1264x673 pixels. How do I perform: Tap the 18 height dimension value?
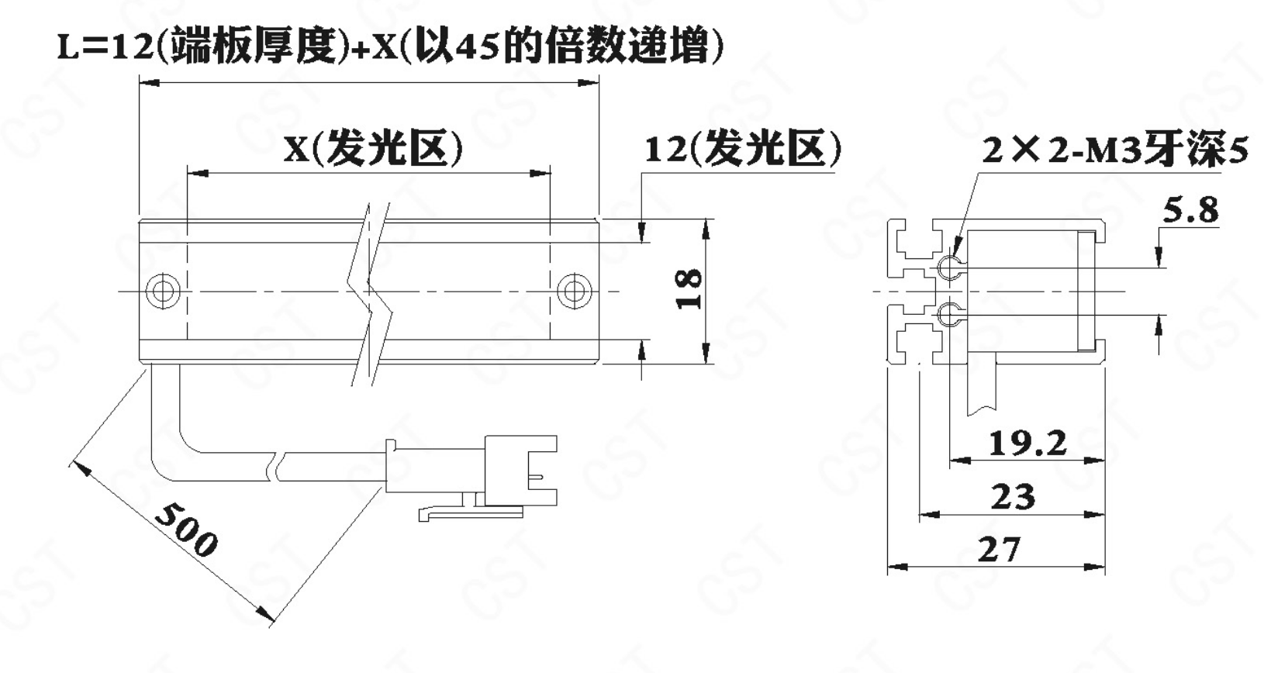tap(689, 289)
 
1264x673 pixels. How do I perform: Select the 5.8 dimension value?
tap(1190, 211)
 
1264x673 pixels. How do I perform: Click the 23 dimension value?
tap(1014, 497)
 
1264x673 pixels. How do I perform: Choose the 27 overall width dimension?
tap(999, 550)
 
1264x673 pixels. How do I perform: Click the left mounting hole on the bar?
tap(163, 291)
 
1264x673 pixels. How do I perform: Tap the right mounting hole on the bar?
tap(575, 291)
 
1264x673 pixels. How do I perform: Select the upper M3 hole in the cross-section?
tap(950, 267)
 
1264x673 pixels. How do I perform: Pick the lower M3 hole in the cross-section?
tap(950, 314)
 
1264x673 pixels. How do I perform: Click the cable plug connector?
tap(471, 477)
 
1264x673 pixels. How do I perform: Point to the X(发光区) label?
tap(373, 149)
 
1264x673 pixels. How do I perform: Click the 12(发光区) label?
tap(743, 149)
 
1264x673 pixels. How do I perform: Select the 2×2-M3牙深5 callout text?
tap(1114, 150)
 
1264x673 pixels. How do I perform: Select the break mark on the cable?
tap(278, 466)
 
